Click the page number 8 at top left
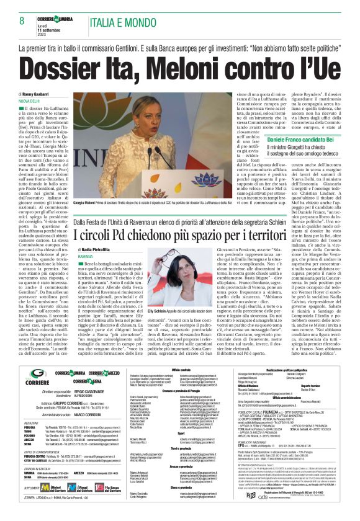point(21,20)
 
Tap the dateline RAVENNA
point(86,256)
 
